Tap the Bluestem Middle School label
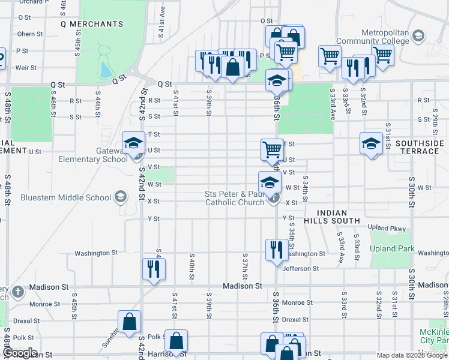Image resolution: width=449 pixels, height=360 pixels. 66,197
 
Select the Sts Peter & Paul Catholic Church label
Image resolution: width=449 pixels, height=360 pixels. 235,198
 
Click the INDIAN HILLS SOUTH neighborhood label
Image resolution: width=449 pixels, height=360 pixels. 340,217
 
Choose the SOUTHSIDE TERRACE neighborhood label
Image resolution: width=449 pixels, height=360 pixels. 411,147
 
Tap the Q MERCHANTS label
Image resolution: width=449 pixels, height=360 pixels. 92,24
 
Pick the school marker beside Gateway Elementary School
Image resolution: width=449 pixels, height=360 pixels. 133,142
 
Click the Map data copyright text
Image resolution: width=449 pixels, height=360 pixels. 412,355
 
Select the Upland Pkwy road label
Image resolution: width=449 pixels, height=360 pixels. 387,229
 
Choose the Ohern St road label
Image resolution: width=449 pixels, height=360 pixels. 30,34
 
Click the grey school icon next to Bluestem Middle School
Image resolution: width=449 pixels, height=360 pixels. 120,197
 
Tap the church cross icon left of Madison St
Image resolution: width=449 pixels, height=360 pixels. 18,292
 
